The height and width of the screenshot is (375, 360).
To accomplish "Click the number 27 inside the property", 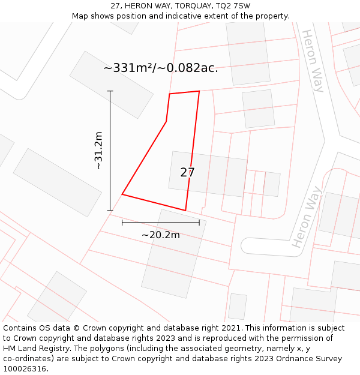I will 187,173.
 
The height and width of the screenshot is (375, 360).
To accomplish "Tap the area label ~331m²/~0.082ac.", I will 160,68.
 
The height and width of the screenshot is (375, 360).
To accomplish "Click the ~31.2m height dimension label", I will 99,151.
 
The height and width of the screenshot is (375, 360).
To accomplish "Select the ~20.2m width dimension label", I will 160,235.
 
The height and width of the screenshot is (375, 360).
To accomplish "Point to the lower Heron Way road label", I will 307,217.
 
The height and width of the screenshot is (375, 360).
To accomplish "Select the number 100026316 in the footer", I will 25,369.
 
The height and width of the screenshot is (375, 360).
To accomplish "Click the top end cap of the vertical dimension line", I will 110,91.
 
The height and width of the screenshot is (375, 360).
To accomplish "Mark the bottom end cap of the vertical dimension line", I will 110,211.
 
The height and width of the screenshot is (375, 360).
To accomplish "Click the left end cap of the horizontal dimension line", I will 122,223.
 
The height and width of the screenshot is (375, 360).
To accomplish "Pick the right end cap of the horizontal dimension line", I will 199,223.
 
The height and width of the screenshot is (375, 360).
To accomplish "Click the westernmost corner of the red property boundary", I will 122,194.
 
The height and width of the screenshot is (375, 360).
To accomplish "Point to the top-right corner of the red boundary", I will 199,91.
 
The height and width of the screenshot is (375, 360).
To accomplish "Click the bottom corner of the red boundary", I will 185,211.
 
